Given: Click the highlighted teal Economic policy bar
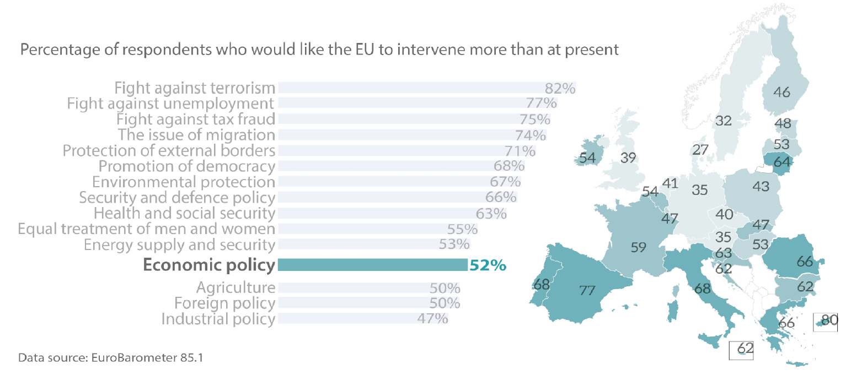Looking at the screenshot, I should [372, 265].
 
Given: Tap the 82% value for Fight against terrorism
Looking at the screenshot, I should [560, 88].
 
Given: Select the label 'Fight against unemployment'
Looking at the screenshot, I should [170, 104].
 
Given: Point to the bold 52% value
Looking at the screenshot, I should [488, 265].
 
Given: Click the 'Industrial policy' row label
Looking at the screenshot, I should [218, 319].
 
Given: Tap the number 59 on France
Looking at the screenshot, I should [638, 247].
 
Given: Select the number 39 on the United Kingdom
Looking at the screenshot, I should [629, 158].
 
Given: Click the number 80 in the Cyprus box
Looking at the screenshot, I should [829, 319].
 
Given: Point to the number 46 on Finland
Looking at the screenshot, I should [781, 92].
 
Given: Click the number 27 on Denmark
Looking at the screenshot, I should [700, 150].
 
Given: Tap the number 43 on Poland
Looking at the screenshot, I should [761, 187].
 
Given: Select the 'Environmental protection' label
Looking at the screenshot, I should [184, 182].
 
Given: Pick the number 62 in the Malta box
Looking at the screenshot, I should [745, 348].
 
